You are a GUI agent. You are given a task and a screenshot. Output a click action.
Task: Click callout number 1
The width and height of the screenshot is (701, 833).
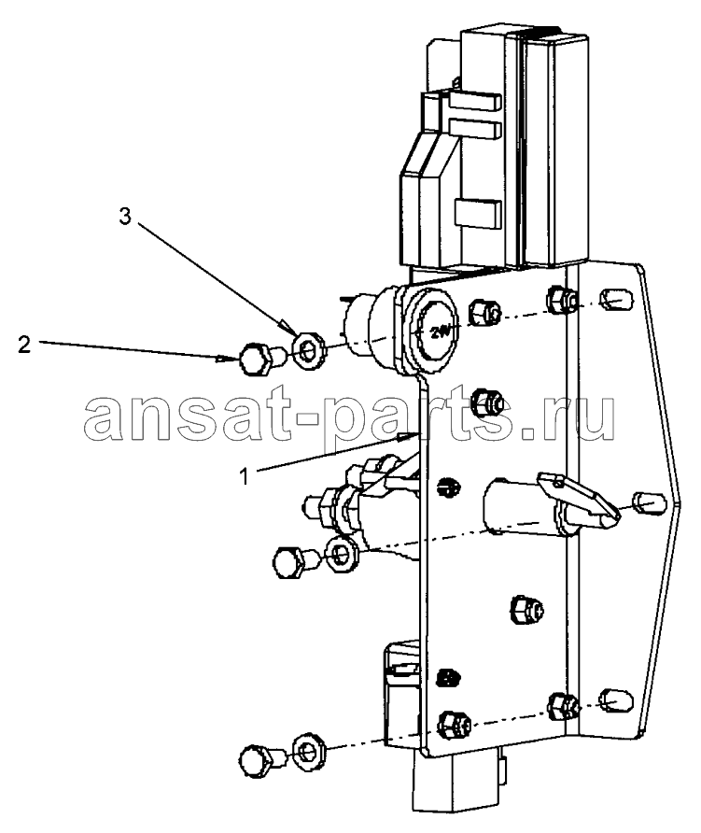[244, 476]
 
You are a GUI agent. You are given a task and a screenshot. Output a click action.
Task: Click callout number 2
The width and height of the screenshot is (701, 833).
[24, 345]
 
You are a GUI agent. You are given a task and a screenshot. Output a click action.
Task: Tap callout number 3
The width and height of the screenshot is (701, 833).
[125, 217]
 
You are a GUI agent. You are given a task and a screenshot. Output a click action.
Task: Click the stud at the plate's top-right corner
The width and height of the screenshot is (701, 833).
[615, 299]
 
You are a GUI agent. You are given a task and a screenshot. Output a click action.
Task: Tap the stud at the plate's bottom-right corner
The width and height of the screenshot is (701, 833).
[615, 699]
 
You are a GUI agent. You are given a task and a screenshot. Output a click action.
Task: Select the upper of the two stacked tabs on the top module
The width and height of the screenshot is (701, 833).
[473, 102]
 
